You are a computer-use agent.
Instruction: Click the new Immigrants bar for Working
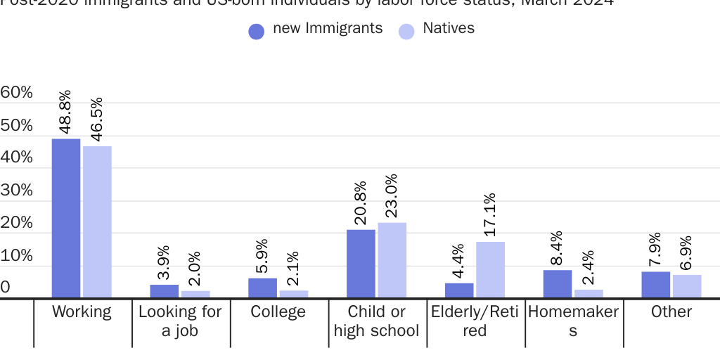pos(66,219)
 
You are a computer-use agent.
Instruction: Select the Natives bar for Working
pos(97,222)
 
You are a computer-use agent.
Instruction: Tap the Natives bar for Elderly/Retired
pos(490,270)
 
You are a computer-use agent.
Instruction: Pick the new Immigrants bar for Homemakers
pos(558,284)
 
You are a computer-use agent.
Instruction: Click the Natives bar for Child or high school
pos(392,260)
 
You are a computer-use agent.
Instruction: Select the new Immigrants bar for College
pos(262,288)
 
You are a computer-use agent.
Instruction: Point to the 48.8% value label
pos(65,112)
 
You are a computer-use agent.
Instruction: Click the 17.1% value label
pos(490,214)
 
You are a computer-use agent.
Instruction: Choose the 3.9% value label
pos(163,262)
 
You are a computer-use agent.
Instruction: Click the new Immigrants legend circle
pos(257,31)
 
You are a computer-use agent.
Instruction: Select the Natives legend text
pos(449,29)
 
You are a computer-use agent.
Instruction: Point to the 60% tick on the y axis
pos(17,92)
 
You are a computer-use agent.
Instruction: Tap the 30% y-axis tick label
pos(17,190)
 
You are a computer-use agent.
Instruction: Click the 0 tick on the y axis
pos(6,287)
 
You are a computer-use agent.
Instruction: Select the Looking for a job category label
pos(180,321)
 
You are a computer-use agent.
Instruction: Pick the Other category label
pos(671,312)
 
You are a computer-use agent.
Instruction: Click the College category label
pos(278,312)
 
